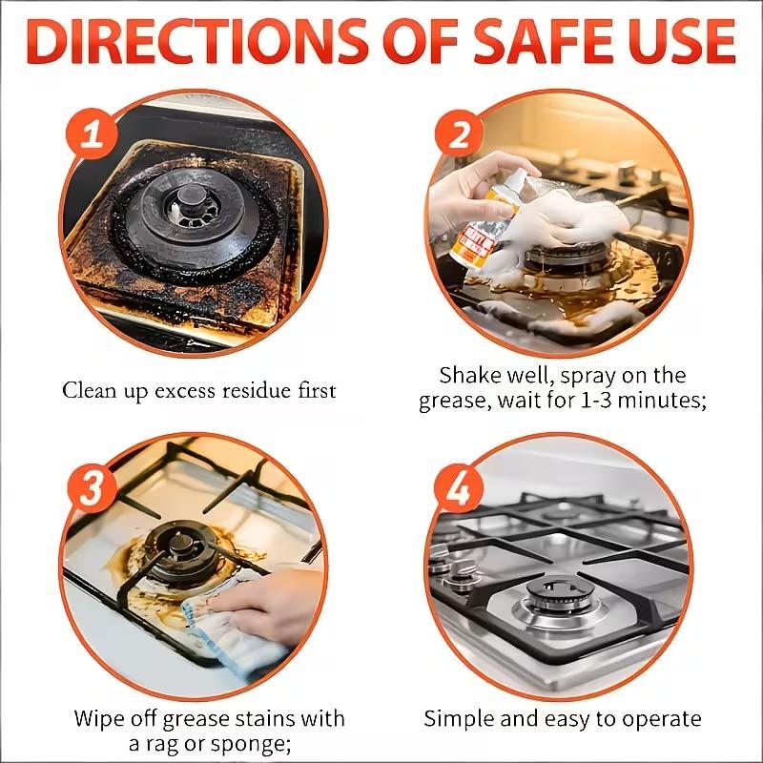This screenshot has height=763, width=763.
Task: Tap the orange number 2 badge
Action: [460, 134]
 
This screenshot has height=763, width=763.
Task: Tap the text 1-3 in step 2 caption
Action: [610, 402]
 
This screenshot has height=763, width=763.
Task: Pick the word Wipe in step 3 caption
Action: [98, 718]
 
